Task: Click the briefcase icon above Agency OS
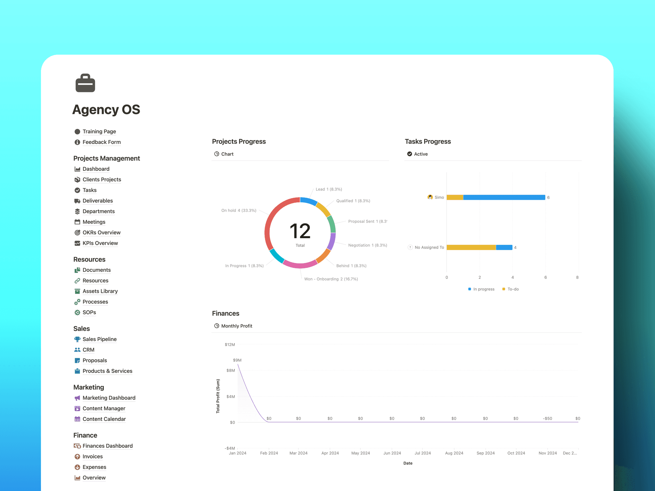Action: [85, 83]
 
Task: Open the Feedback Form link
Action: [101, 142]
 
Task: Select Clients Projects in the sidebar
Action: [102, 179]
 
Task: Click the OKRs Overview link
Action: [101, 232]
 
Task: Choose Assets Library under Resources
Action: [100, 291]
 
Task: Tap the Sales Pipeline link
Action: [99, 339]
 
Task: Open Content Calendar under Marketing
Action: [104, 419]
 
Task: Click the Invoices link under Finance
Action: [92, 456]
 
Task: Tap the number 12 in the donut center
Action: [300, 231]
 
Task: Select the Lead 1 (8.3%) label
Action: [329, 189]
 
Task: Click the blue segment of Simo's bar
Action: [504, 197]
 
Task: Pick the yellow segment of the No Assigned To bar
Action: [471, 247]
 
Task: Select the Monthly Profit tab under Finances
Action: [236, 326]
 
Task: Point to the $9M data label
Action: [237, 360]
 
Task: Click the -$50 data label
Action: [547, 418]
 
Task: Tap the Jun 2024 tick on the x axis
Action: [392, 453]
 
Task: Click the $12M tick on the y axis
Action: [230, 345]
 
